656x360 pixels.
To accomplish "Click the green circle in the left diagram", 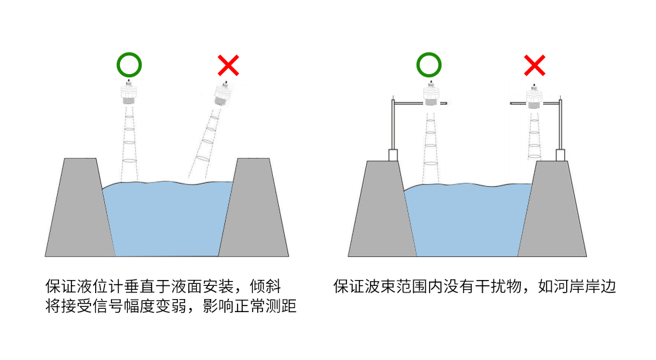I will (129, 65).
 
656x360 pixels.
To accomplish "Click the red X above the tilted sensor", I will (228, 65).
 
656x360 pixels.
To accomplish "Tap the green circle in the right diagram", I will (429, 65).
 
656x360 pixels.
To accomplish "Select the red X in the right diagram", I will (535, 65).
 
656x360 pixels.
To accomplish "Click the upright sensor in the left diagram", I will (129, 94).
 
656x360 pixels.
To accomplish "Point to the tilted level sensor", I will (224, 96).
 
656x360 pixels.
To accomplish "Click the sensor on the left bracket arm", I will (430, 95).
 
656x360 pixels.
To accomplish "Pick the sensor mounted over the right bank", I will (535, 97).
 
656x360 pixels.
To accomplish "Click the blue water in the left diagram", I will (167, 220).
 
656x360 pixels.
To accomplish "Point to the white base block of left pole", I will (393, 155).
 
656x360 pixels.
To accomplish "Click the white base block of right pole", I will (560, 155).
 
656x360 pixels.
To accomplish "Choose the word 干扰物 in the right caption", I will (501, 287).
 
